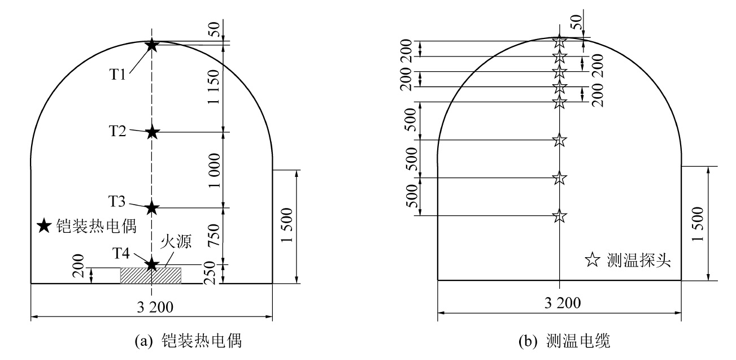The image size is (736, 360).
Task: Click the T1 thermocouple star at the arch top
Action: (x=152, y=45)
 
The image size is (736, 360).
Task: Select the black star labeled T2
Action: (x=152, y=132)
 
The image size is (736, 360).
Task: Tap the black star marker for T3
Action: (x=152, y=207)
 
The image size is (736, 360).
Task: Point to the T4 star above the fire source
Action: (x=152, y=264)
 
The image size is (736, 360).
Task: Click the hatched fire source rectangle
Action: (x=151, y=275)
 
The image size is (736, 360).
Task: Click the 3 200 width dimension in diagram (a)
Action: (x=151, y=307)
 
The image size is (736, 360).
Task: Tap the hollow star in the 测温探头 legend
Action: (x=592, y=261)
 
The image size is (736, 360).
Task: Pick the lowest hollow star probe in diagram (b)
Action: (x=559, y=216)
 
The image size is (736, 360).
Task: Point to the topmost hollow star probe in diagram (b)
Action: (x=559, y=41)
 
